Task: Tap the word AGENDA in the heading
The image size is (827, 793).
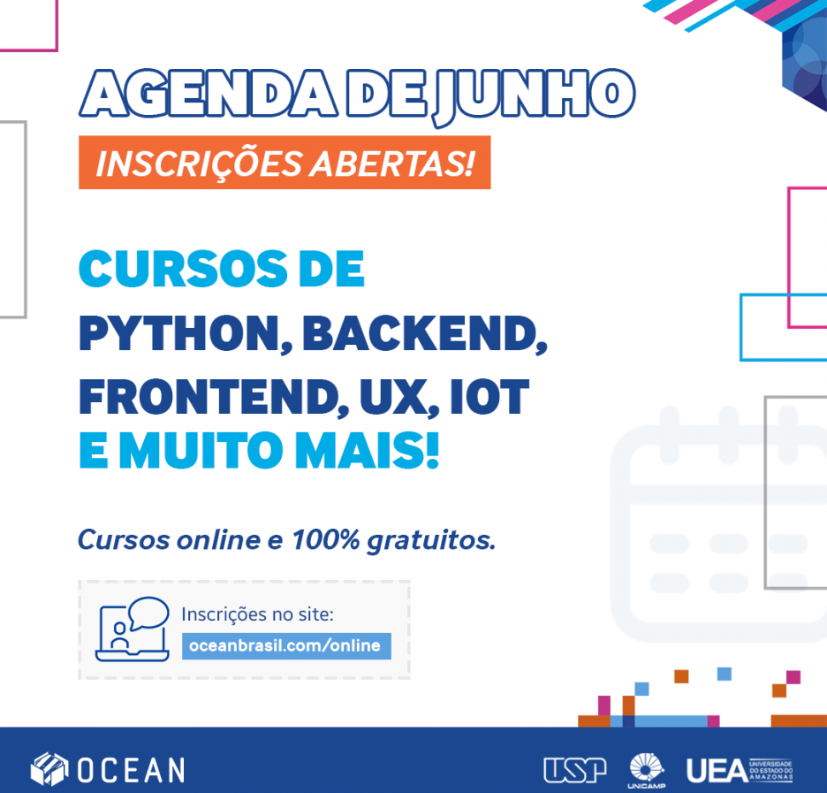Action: point(209,93)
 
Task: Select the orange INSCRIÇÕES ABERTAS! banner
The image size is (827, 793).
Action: point(285,163)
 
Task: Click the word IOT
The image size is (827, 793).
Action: point(489,397)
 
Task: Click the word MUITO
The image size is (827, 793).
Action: point(201,450)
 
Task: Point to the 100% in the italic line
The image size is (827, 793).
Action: point(326,539)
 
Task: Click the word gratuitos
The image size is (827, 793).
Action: point(431,541)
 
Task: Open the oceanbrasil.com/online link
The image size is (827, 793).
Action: point(286,645)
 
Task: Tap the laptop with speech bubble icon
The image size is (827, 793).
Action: point(133,629)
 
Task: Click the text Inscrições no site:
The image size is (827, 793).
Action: point(257,614)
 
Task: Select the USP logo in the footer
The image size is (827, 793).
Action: point(575,770)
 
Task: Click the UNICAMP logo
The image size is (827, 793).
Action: point(647,771)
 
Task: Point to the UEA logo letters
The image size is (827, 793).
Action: point(717,771)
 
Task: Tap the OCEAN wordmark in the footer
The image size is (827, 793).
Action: point(132,770)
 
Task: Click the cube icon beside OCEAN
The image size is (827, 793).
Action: point(49,769)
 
